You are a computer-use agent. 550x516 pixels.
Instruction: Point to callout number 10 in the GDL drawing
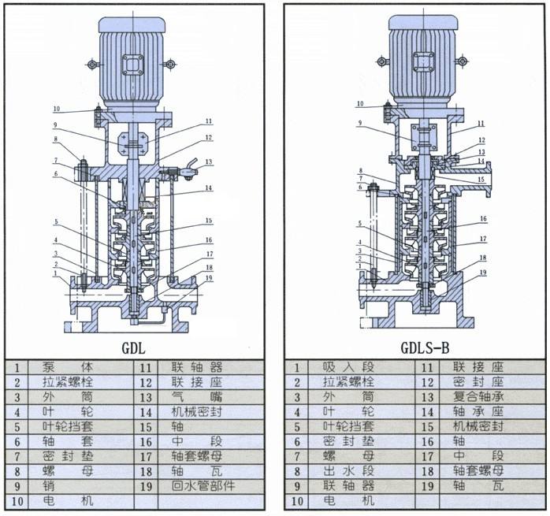tap(56, 109)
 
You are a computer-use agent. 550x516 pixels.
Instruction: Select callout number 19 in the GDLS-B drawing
tap(483, 273)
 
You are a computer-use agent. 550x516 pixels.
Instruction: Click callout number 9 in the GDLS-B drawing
tap(360, 123)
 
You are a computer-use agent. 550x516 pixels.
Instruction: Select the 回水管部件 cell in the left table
tap(204, 486)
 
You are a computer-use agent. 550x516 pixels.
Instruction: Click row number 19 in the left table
tap(147, 486)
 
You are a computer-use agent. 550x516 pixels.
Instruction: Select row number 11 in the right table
tap(427, 367)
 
